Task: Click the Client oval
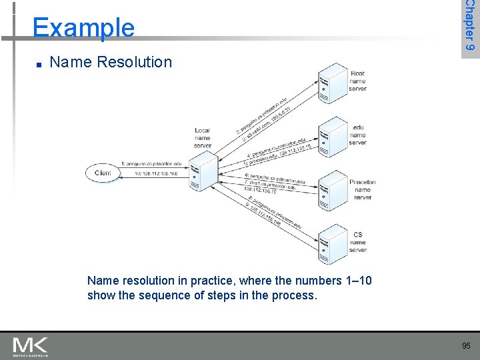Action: [103, 173]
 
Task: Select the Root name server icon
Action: [331, 83]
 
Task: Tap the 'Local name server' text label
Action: [203, 138]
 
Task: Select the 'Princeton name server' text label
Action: [362, 189]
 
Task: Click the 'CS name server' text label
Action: [358, 242]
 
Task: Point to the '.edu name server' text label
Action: [357, 134]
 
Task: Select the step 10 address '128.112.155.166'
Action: [157, 174]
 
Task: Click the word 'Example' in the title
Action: [83, 27]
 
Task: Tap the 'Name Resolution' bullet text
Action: [111, 62]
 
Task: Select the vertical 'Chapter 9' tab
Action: [470, 27]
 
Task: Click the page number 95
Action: [467, 345]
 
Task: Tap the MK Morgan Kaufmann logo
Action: [30, 346]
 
